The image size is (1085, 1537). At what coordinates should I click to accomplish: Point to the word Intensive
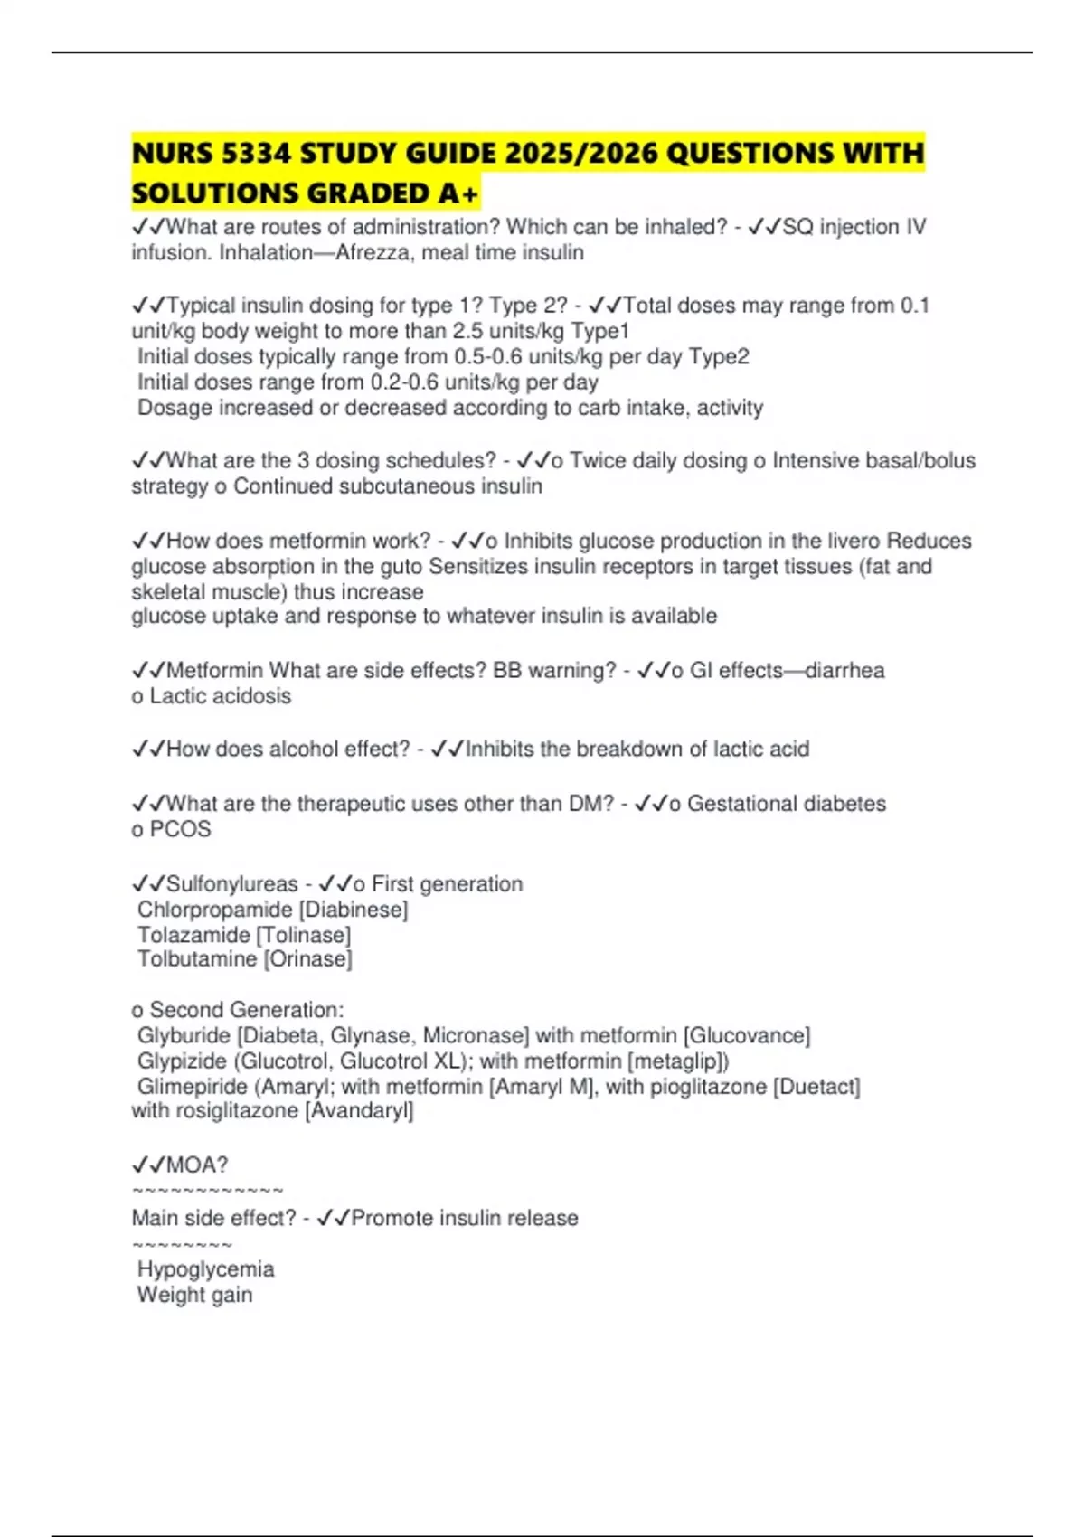815,461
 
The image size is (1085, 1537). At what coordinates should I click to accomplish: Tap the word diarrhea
844,671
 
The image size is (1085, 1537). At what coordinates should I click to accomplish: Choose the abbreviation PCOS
180,829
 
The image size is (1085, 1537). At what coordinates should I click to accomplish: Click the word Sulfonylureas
231,884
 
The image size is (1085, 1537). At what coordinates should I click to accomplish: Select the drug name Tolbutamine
196,959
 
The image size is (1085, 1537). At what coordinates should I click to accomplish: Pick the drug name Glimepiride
188,1087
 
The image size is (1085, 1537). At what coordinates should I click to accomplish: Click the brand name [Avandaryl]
360,1111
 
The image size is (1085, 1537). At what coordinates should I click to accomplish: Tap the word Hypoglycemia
205,1269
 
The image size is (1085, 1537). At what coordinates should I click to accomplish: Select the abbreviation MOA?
196,1165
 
